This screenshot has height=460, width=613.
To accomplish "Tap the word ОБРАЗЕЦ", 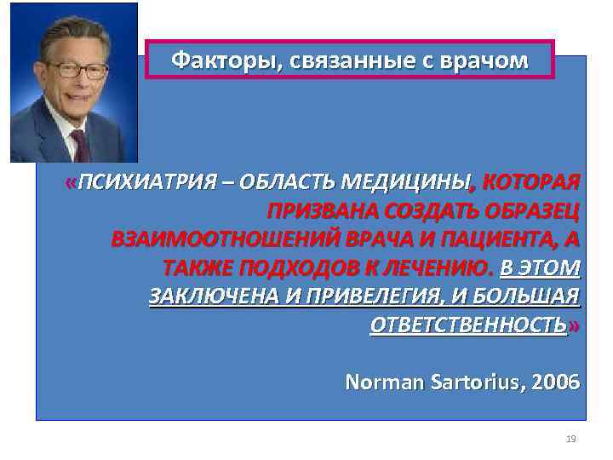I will (x=530, y=211).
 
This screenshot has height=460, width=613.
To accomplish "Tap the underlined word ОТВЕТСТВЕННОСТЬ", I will (x=468, y=326).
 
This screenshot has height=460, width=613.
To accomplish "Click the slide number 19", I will (x=570, y=439).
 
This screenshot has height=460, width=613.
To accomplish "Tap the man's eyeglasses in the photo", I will (x=76, y=68).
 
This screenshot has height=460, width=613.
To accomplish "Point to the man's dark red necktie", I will (x=81, y=145).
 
